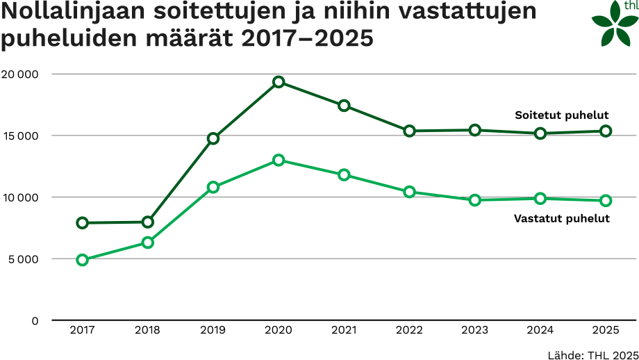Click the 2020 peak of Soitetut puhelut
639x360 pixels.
pos(279,82)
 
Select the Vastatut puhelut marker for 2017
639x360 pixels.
pos(83,260)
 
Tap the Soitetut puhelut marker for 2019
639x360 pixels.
pos(213,138)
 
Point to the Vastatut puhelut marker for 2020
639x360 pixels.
pos(279,160)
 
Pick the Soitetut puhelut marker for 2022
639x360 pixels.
pos(409,131)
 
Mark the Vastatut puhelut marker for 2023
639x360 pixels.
pos(474,200)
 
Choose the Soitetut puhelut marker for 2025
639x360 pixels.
pos(606,131)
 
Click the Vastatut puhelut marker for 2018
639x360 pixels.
pos(148,243)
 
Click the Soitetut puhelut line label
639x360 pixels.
pos(562,115)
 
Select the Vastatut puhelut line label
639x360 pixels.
pos(562,218)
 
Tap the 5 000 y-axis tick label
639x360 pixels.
pos(22,259)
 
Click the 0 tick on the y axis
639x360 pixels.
pos(35,320)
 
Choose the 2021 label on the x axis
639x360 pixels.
pos(344,331)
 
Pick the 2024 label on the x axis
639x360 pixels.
pos(540,331)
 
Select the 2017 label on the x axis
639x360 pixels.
pos(83,331)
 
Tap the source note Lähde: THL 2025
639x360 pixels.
pos(592,353)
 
